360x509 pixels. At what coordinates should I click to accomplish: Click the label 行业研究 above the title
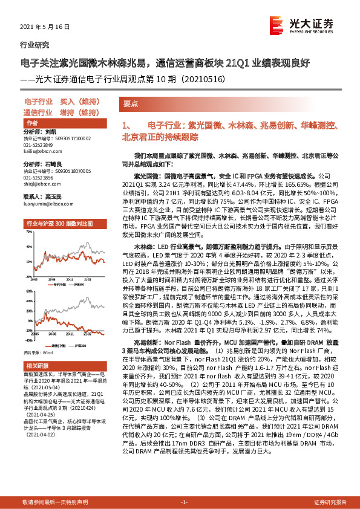click(34, 45)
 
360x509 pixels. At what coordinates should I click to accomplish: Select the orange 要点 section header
click(131, 103)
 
